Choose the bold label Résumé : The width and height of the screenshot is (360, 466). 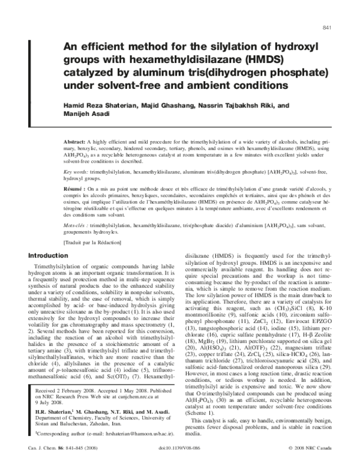point(76,187)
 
